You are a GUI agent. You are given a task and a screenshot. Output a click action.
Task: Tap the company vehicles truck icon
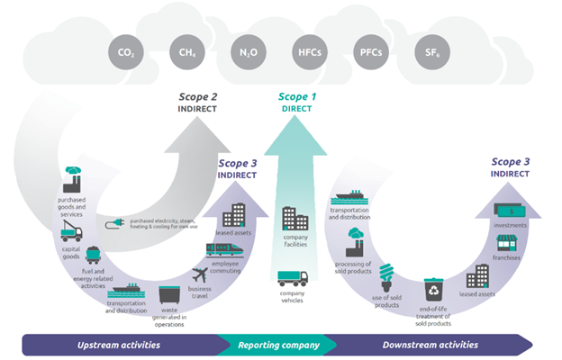[x=293, y=278]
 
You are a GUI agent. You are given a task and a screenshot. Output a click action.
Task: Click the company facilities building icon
[x=295, y=219]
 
